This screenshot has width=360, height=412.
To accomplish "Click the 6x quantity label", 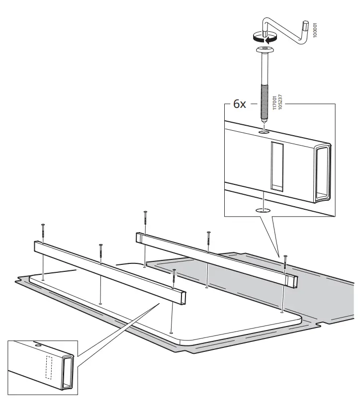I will click(x=239, y=105).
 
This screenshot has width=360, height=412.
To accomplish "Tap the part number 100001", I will click(x=313, y=29).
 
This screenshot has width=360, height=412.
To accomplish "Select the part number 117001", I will click(x=274, y=104).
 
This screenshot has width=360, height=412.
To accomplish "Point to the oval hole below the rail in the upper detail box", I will click(x=264, y=210).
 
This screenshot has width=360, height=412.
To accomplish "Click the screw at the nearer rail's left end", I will click(x=43, y=232).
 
